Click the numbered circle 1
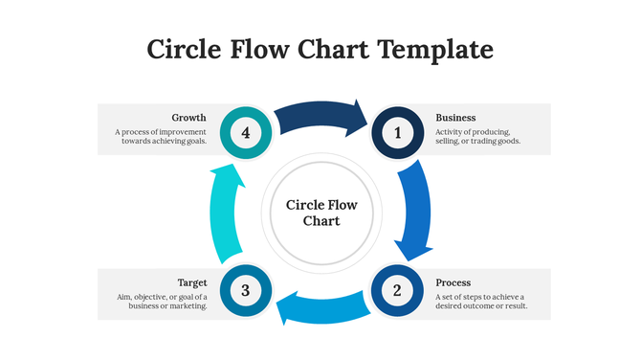click(x=398, y=133)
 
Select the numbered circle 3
click(x=246, y=290)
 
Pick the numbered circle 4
click(x=246, y=133)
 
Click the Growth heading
click(x=188, y=118)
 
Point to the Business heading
click(x=455, y=118)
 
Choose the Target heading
click(x=192, y=282)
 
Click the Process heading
click(x=453, y=282)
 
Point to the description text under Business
click(x=477, y=136)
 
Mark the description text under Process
click(x=479, y=302)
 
